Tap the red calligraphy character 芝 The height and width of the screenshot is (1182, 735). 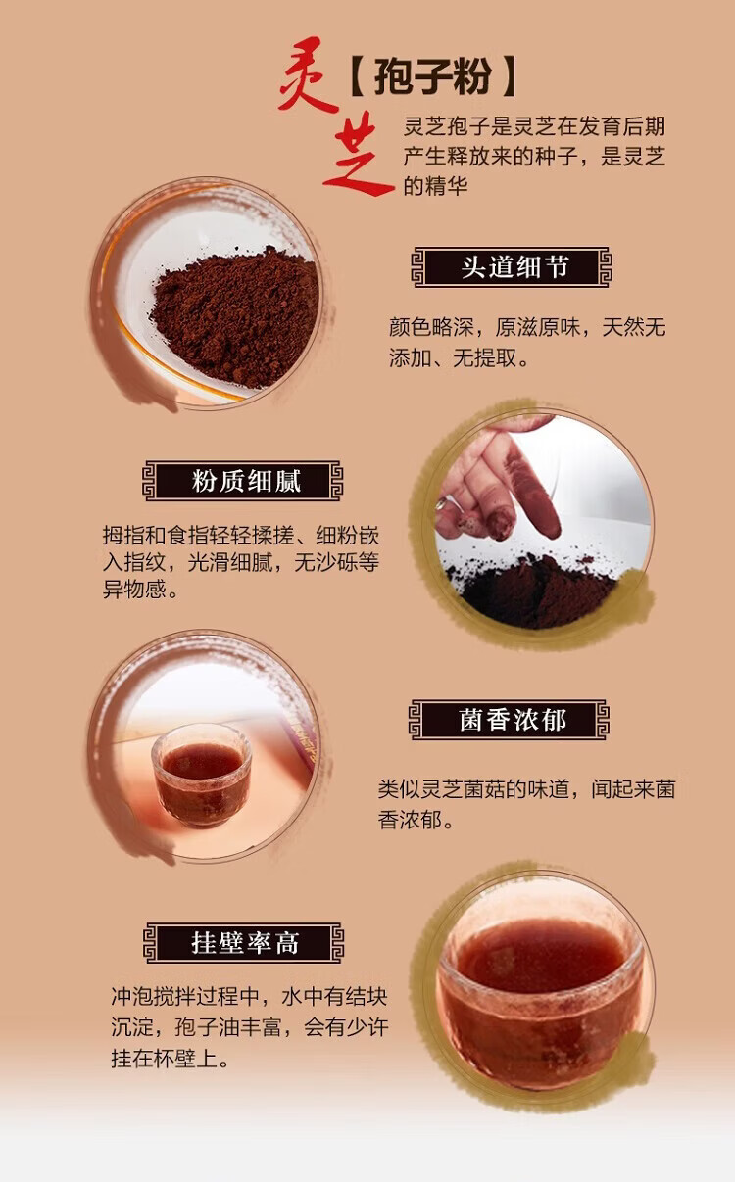tap(358, 159)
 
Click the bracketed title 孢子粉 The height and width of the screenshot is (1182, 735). tap(433, 76)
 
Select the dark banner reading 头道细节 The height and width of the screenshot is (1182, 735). tap(512, 267)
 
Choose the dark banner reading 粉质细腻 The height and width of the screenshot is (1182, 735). tap(243, 481)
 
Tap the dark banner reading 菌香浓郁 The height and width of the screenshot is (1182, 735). tap(509, 720)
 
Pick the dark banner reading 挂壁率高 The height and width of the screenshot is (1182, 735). tap(243, 942)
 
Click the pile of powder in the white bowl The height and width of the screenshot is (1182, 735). tap(235, 316)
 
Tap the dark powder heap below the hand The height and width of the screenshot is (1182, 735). tap(533, 591)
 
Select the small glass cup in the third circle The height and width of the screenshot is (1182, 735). tap(202, 774)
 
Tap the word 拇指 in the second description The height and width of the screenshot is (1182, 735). tap(123, 536)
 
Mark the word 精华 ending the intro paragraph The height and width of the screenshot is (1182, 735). tap(447, 186)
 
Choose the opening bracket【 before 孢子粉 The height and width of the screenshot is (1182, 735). tap(359, 76)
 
